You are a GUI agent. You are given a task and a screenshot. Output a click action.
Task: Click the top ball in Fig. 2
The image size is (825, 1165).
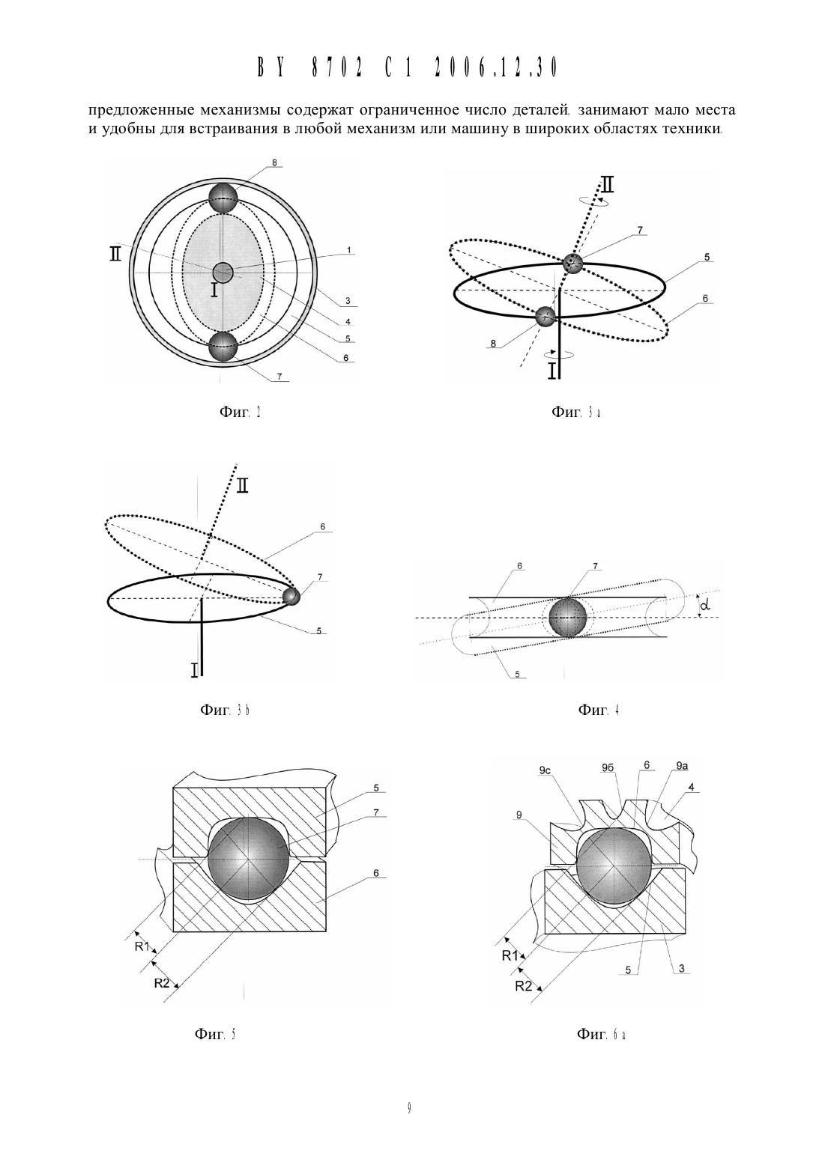pos(223,198)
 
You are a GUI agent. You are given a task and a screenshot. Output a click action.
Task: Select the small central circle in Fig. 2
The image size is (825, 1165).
pos(223,273)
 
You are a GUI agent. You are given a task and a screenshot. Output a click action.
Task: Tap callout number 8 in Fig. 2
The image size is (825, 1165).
pos(274,162)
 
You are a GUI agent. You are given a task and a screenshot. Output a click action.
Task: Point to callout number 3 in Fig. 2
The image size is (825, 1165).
pos(347,301)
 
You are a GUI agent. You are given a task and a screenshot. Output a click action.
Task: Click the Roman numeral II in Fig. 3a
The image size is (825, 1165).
pos(607,185)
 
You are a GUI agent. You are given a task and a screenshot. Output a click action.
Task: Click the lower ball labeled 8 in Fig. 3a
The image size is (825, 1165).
pos(546,316)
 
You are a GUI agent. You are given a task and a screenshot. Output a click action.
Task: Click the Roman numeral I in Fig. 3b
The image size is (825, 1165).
pos(194,670)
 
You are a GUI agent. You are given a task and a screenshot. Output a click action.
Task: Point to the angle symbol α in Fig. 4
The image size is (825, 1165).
pos(706,606)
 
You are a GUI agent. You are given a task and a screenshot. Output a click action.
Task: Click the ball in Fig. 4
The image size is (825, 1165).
pos(567,618)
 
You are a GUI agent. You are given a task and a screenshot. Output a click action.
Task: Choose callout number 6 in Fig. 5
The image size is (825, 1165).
pos(376,873)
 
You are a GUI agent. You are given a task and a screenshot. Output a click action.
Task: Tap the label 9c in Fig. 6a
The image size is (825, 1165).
pos(545,770)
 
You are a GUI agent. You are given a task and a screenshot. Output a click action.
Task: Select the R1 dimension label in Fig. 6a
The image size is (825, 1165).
pos(510,955)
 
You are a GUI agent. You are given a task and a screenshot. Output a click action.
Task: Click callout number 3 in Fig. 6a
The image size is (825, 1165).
pos(681,968)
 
